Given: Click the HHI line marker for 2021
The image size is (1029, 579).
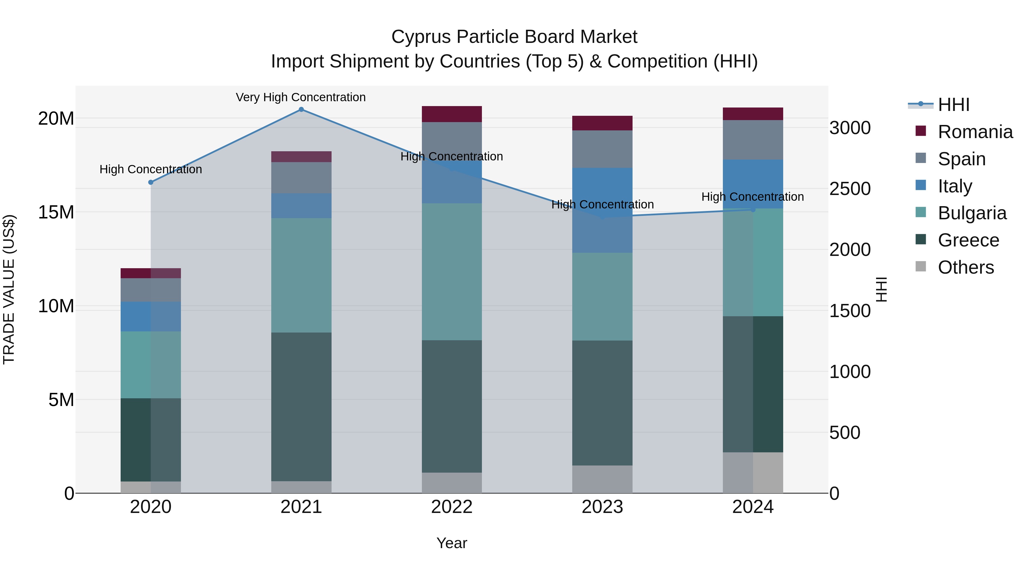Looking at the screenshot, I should pyautogui.click(x=301, y=110).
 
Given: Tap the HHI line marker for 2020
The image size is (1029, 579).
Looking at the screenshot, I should pyautogui.click(x=151, y=182).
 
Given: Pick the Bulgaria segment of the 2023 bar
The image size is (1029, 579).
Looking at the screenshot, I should pyautogui.click(x=602, y=297).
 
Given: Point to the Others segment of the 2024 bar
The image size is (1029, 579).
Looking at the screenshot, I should pyautogui.click(x=753, y=472).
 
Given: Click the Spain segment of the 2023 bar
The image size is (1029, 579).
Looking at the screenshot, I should pyautogui.click(x=602, y=149).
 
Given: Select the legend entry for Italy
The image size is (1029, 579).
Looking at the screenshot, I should pyautogui.click(x=955, y=186).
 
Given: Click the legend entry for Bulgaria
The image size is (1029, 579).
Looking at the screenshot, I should pyautogui.click(x=972, y=213).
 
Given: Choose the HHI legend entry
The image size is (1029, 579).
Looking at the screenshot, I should pyautogui.click(x=953, y=105).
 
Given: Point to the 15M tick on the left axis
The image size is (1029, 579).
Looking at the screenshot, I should pyautogui.click(x=56, y=212).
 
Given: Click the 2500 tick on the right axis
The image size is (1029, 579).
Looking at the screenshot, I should pyautogui.click(x=850, y=189).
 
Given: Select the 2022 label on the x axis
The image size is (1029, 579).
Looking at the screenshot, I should pyautogui.click(x=452, y=507).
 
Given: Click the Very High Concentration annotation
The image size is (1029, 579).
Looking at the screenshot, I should pyautogui.click(x=301, y=97).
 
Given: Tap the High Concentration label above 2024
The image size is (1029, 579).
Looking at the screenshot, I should pyautogui.click(x=753, y=197).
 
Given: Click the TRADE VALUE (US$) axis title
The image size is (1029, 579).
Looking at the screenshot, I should pyautogui.click(x=9, y=289).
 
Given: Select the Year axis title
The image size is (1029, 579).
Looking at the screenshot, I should pyautogui.click(x=452, y=543).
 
